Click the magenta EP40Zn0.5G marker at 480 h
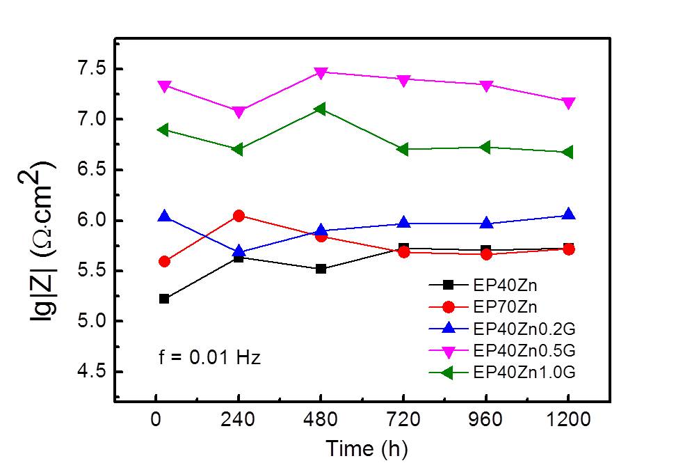click(x=321, y=72)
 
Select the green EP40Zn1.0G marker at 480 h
click(x=320, y=109)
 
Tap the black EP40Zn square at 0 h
click(x=164, y=299)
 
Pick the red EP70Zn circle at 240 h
click(x=239, y=216)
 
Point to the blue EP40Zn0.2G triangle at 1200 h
click(x=568, y=214)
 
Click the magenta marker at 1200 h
click(x=568, y=103)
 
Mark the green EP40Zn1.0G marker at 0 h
click(x=163, y=130)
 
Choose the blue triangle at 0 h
click(x=164, y=217)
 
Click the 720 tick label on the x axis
click(x=403, y=421)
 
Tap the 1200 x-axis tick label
click(x=568, y=421)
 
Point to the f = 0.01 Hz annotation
click(x=207, y=359)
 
